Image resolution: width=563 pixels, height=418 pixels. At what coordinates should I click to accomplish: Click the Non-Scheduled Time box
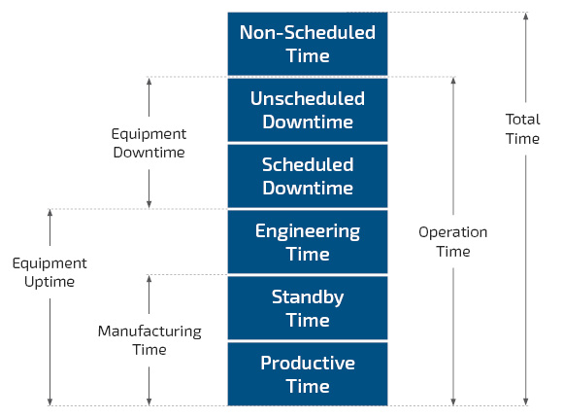point(308,44)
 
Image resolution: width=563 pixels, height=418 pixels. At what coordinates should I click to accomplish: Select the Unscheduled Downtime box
point(308,110)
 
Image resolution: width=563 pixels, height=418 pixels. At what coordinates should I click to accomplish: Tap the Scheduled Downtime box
point(308,176)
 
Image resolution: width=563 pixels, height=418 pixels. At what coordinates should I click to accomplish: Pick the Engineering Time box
point(308,242)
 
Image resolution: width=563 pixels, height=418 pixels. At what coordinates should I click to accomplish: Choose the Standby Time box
point(308,308)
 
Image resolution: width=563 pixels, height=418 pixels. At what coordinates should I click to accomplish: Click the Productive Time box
point(308,374)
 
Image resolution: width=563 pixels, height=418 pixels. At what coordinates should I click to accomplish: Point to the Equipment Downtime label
point(149,143)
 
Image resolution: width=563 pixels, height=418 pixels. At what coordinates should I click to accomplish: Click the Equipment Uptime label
point(50,272)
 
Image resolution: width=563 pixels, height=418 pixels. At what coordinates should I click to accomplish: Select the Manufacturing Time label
point(149,340)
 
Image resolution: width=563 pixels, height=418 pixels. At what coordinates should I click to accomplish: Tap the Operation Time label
point(453,242)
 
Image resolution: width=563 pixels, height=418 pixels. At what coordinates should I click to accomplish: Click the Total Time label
point(523,128)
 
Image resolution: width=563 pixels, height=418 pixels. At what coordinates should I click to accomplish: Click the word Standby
point(308,297)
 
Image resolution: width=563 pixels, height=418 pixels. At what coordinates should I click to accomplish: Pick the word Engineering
point(308,231)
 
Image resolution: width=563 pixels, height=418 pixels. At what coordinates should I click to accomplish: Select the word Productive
point(308,363)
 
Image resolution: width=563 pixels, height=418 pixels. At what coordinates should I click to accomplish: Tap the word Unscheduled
point(308,98)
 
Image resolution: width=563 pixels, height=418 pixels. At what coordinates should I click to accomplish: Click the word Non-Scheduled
point(308,32)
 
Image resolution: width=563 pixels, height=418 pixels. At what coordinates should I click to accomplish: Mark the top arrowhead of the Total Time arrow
point(526,16)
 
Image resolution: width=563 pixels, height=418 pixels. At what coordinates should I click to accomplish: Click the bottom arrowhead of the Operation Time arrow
point(453,402)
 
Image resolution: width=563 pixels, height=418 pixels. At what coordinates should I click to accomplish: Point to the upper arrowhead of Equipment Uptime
point(50,213)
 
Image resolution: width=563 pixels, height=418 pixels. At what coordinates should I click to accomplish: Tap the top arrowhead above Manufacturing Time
point(149,279)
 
